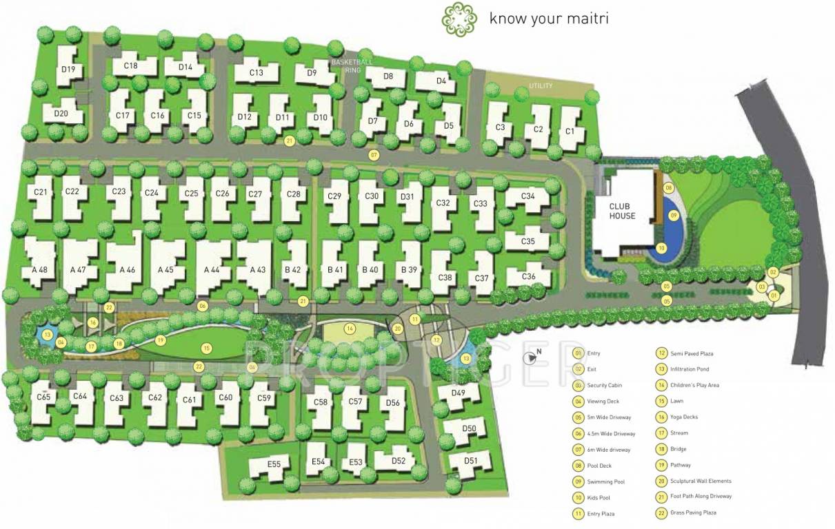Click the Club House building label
(x=622, y=211)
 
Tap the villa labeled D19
(x=68, y=68)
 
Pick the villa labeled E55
(x=274, y=465)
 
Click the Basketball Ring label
(x=352, y=66)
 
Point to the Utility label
(x=541, y=86)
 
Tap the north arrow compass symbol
(x=532, y=357)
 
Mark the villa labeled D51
(x=471, y=460)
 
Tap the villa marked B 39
(x=409, y=269)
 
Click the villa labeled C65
(x=44, y=397)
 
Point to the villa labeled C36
(x=528, y=276)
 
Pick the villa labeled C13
(x=256, y=72)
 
